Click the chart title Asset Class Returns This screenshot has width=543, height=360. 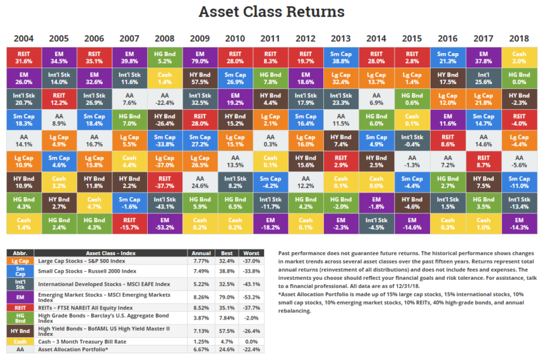(x=271, y=12)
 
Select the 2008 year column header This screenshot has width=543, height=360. (x=165, y=39)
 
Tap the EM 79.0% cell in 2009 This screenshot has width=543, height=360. (x=200, y=57)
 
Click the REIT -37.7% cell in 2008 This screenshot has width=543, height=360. (x=165, y=182)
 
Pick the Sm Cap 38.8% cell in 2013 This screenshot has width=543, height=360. (x=341, y=57)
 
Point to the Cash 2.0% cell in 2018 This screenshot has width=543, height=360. (x=519, y=57)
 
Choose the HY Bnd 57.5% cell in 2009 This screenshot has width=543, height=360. (x=200, y=78)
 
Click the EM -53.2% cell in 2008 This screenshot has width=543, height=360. (x=165, y=223)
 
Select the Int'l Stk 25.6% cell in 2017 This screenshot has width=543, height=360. (x=484, y=78)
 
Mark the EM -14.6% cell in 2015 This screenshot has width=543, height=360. (x=412, y=223)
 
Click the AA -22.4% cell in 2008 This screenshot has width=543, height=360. (x=165, y=99)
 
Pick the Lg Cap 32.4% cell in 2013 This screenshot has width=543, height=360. (x=341, y=78)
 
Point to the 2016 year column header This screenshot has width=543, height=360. (x=448, y=39)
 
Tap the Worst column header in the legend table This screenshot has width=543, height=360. (x=252, y=253)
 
